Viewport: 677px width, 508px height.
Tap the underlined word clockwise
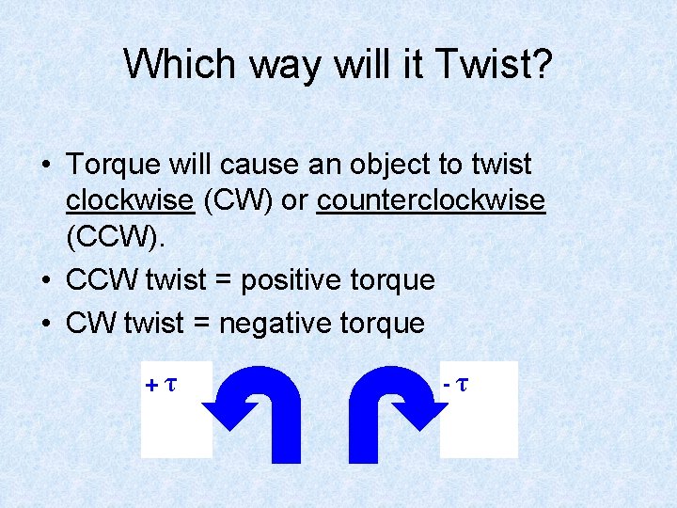coord(130,201)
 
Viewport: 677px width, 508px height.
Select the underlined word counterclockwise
coord(431,201)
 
